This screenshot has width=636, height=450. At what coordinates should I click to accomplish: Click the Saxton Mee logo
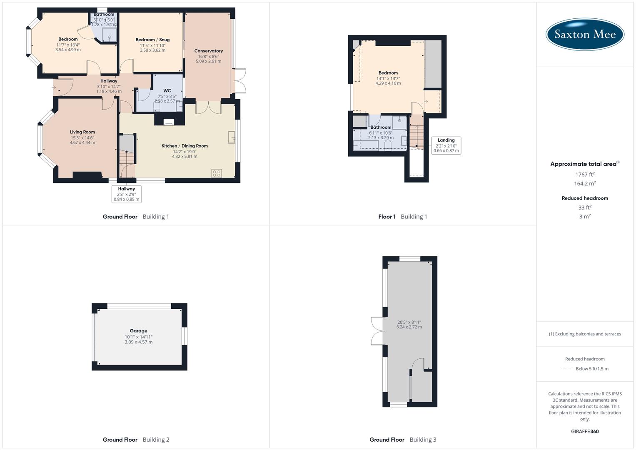pos(585,34)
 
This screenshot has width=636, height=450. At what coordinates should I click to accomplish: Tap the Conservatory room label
pos(208,51)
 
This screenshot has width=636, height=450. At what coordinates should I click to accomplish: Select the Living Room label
pos(82,132)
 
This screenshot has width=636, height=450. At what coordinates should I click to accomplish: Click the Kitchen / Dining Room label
pos(185,146)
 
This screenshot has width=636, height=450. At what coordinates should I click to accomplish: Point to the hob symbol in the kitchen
pos(216,173)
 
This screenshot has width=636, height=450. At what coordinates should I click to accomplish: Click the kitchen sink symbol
pos(232,137)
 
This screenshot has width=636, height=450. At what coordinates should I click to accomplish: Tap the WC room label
pos(167,91)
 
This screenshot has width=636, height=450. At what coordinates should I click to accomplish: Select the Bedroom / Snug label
pos(152,40)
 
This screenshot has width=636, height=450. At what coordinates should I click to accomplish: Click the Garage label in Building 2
pos(138,331)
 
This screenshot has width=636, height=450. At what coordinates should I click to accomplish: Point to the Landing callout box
pos(446,145)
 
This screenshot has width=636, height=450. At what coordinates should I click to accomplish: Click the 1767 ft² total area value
pos(585,175)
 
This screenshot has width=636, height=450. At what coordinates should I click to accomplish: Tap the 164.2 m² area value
pos(585,184)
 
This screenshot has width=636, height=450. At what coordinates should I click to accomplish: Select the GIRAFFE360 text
pos(585,432)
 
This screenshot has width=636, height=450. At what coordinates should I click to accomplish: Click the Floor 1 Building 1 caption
pos(402,217)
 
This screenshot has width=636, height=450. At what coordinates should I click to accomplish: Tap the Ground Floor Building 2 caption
pos(136,440)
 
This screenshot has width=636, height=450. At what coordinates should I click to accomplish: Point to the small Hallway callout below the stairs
pos(126,194)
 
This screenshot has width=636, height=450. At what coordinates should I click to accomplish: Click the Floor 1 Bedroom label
pos(388,73)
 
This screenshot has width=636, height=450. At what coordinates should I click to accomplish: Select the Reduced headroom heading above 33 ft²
pos(585,198)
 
